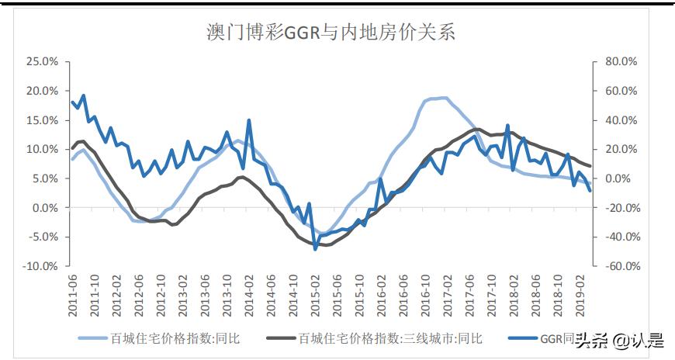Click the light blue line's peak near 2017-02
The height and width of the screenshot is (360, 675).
coord(444,98)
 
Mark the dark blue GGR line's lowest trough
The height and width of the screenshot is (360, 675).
coord(315,248)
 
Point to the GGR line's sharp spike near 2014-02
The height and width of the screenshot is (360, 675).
coord(249,120)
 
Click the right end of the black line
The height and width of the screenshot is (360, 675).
coord(590,166)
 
